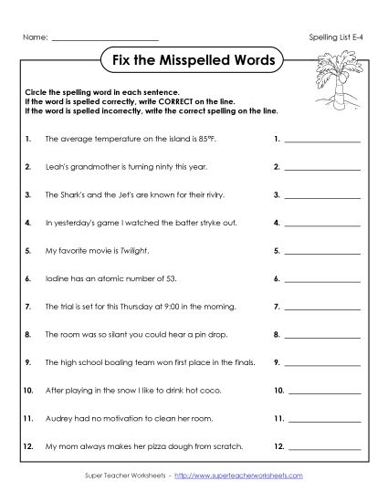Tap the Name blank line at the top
pos(106,37)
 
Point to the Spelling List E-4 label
pos(335,37)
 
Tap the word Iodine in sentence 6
pos(55,277)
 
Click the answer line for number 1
pos(322,142)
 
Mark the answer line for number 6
pos(322,278)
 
